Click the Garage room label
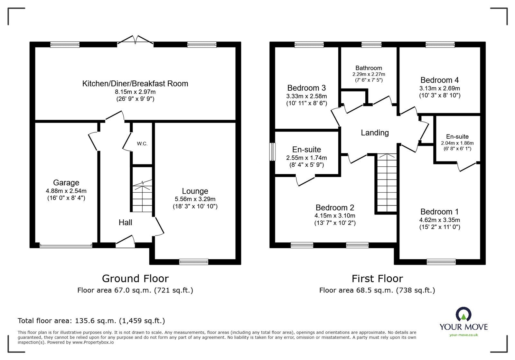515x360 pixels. pyautogui.click(x=66, y=183)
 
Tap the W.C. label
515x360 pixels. pyautogui.click(x=142, y=144)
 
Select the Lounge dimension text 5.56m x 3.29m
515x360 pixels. pyautogui.click(x=195, y=199)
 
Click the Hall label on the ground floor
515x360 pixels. pyautogui.click(x=125, y=222)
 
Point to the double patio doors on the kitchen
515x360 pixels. pyautogui.click(x=136, y=40)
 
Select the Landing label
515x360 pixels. pyautogui.click(x=375, y=133)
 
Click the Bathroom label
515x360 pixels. pyautogui.click(x=369, y=68)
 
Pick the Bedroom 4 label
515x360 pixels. pyautogui.click(x=439, y=80)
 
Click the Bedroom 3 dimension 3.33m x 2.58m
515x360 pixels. pyautogui.click(x=306, y=96)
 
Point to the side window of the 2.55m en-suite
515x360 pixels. pyautogui.click(x=273, y=152)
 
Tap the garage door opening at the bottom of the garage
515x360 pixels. pyautogui.click(x=66, y=246)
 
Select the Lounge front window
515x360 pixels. pyautogui.click(x=193, y=262)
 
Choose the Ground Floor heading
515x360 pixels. pyautogui.click(x=135, y=278)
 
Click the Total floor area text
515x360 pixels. pyautogui.click(x=91, y=320)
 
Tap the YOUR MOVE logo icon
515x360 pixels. pyautogui.click(x=464, y=315)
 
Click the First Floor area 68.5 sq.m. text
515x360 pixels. pyautogui.click(x=377, y=290)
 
